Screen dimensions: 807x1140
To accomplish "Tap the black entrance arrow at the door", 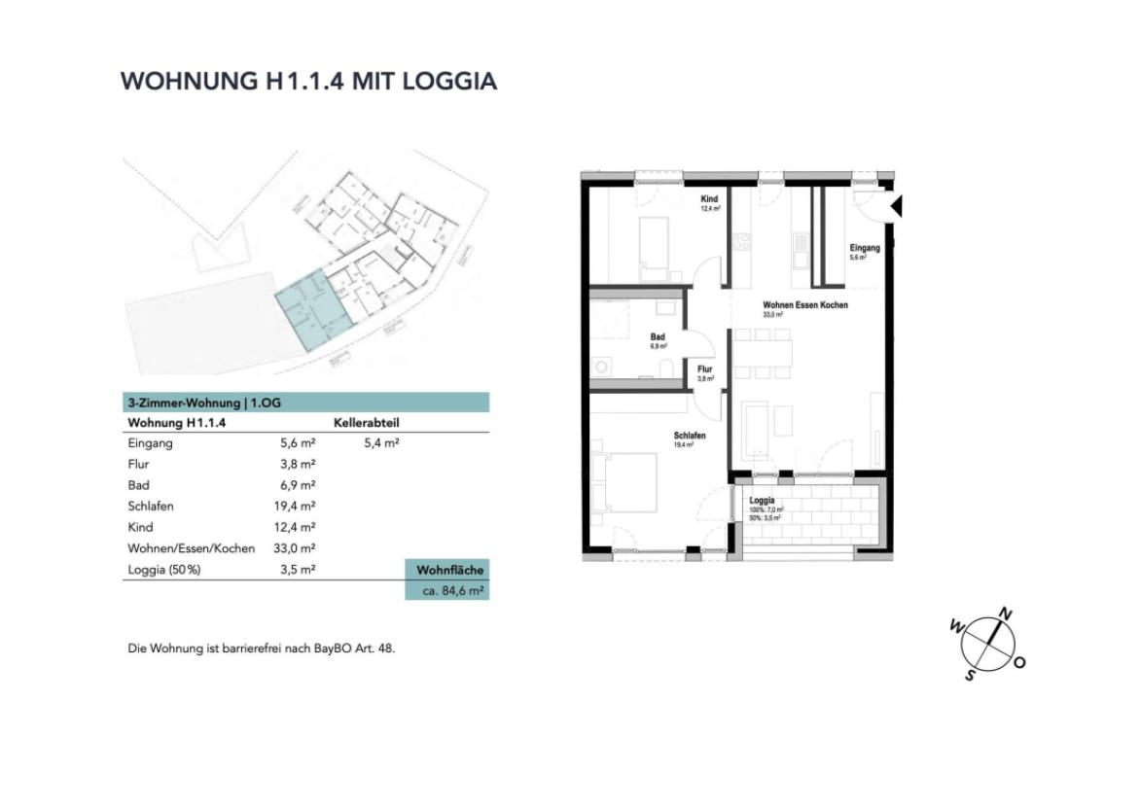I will [x=897, y=206].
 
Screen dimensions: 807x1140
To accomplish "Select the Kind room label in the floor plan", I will [x=710, y=198].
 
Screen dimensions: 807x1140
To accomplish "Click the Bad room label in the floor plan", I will [x=658, y=337].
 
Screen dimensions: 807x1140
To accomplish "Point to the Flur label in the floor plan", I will [x=705, y=369].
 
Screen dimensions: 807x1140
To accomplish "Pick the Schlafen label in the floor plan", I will [x=689, y=436].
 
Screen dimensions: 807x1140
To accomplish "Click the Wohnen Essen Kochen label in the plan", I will [x=804, y=305].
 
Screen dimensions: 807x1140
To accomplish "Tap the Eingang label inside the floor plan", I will [x=864, y=248].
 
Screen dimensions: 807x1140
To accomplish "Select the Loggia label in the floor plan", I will [x=762, y=502].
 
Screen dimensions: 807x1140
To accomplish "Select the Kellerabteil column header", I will [x=366, y=424].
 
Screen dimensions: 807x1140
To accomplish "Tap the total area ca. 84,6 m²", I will [x=446, y=589].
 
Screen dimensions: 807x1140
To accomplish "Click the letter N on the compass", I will [x=1007, y=614].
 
